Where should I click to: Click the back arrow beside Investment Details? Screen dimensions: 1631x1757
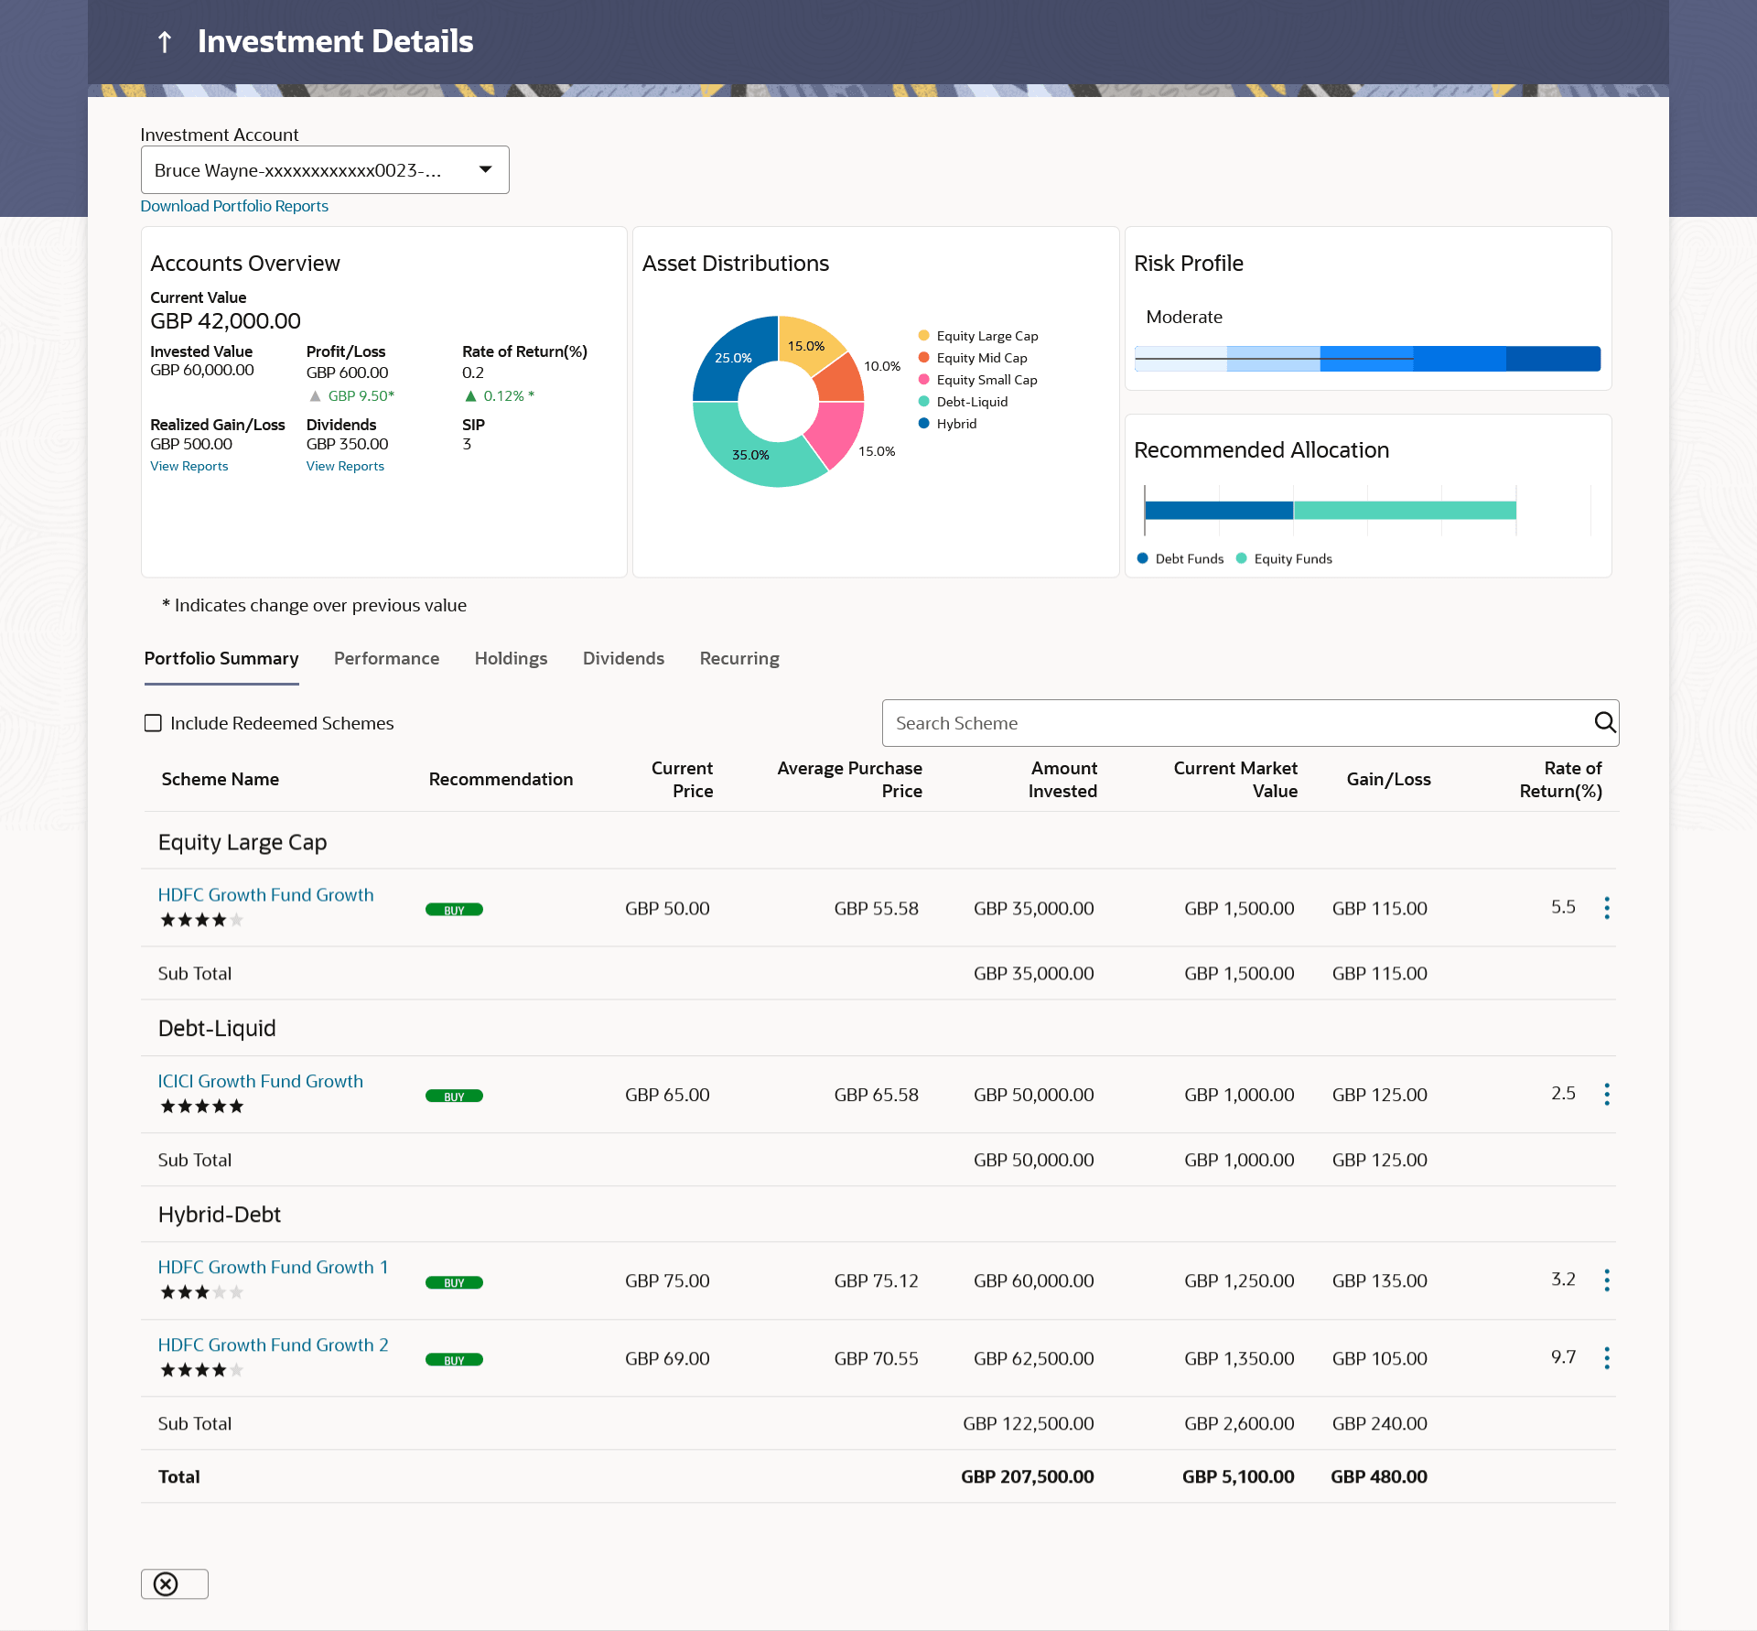tap(165, 42)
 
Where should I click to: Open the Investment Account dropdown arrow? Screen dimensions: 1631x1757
tap(485, 169)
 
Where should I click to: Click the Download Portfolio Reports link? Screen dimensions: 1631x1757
tap(234, 206)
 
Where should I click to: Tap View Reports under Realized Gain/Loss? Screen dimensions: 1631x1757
tap(189, 466)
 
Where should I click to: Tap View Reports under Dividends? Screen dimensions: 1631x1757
tap(345, 466)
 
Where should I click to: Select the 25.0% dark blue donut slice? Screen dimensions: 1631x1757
tap(728, 362)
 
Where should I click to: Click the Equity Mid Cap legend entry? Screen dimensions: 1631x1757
tap(981, 358)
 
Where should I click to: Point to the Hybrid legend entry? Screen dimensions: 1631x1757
tap(956, 424)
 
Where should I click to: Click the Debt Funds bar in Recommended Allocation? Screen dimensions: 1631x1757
tap(1218, 510)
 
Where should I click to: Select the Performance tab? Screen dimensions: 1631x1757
tap(386, 658)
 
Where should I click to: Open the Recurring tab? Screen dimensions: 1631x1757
tap(739, 658)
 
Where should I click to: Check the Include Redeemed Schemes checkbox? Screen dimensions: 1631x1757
tap(153, 723)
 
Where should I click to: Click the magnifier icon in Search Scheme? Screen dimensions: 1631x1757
tap(1604, 722)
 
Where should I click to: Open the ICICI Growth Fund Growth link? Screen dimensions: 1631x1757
tap(261, 1081)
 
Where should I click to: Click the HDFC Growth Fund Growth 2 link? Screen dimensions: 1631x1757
tap(273, 1345)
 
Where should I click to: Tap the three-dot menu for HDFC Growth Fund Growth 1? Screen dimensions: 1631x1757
tap(1607, 1280)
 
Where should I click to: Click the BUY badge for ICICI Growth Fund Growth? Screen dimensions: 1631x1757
tap(454, 1096)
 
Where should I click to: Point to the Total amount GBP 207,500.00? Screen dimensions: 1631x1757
tap(1028, 1476)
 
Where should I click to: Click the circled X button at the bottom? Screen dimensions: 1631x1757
tap(167, 1584)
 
